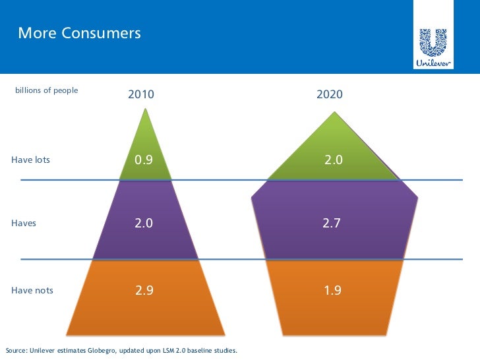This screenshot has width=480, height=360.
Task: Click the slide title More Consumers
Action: (79, 32)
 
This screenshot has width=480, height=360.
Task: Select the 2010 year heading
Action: (141, 94)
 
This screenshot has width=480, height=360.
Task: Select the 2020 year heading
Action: (329, 94)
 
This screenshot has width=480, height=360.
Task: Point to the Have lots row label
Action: (30, 160)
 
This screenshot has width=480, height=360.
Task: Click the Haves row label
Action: (24, 224)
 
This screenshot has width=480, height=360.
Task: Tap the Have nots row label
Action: (32, 290)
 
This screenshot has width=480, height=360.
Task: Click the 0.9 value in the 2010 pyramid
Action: (144, 160)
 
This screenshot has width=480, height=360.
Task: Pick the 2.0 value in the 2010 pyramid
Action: (144, 224)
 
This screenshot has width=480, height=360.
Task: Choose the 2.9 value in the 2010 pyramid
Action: (144, 290)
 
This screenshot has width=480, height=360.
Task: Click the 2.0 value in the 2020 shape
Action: (334, 160)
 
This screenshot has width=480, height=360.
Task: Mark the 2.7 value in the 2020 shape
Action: (332, 224)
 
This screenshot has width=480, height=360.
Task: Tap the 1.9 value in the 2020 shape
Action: (332, 290)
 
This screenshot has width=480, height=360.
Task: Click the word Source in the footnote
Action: (16, 349)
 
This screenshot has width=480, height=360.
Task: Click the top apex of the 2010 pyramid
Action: (145, 109)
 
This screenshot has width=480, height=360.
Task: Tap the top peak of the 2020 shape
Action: (335, 112)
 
